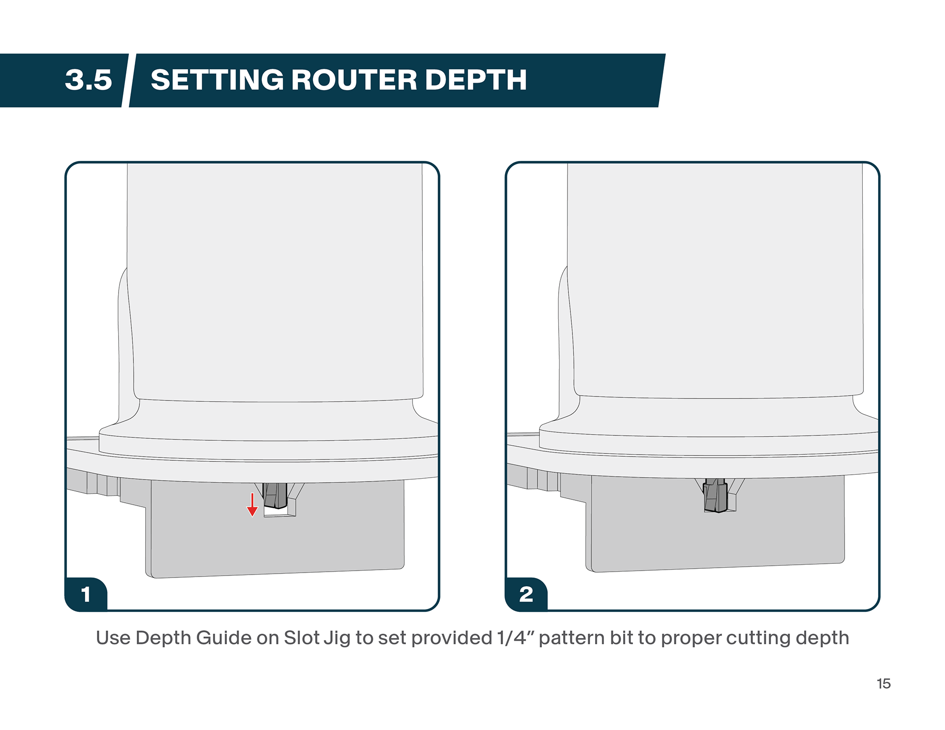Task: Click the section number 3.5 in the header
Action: (x=89, y=80)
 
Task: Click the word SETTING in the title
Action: (x=217, y=80)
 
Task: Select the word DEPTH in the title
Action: (x=475, y=80)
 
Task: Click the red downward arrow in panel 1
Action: (x=252, y=505)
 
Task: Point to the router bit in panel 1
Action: (x=275, y=495)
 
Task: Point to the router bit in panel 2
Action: (x=716, y=495)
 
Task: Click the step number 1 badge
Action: (x=86, y=594)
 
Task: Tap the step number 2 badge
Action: (x=526, y=594)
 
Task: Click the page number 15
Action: (x=883, y=684)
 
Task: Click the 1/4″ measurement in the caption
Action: (x=515, y=638)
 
